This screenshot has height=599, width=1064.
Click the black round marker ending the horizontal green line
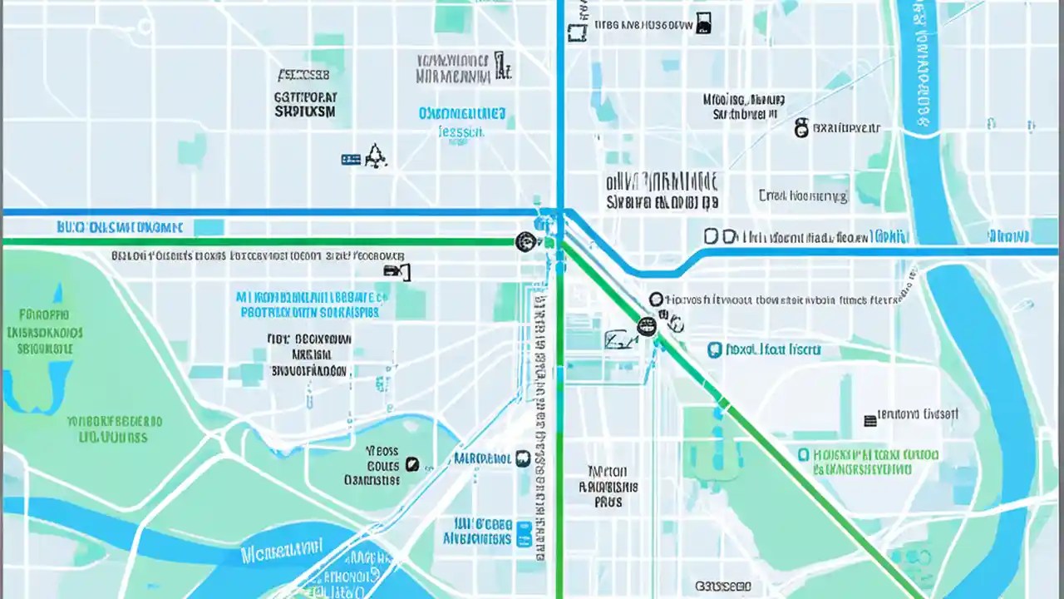(x=525, y=242)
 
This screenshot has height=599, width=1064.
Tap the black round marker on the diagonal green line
(x=646, y=327)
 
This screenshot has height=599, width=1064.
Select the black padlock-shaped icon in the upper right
(x=801, y=128)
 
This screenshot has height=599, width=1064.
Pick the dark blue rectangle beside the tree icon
(x=351, y=159)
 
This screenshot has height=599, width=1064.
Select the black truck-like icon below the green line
(x=397, y=270)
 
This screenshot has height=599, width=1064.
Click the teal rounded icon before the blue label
(x=714, y=350)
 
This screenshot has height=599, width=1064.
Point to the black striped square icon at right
(x=870, y=420)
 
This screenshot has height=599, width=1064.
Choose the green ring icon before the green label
(x=803, y=455)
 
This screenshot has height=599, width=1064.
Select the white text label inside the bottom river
(x=281, y=551)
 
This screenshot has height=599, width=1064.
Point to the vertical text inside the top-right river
(x=920, y=62)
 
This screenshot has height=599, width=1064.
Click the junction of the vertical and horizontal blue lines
(x=560, y=213)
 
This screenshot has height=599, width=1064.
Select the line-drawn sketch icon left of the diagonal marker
(x=617, y=339)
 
